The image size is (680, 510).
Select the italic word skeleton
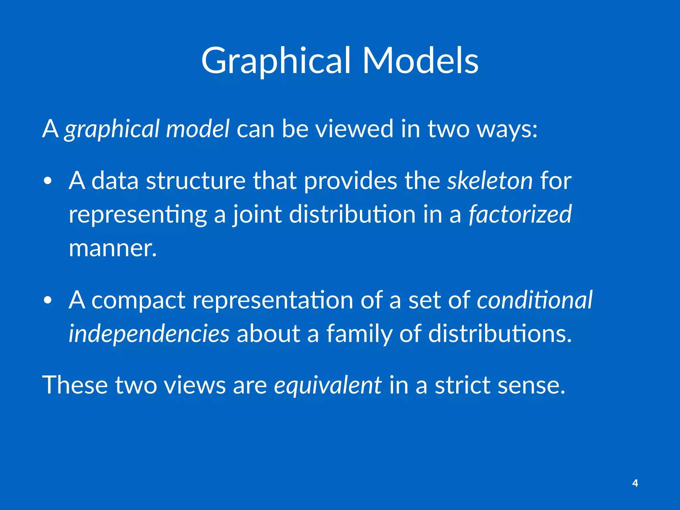[490, 181]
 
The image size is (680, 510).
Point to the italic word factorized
[520, 214]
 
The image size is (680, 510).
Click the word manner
[113, 248]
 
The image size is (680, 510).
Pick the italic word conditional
[535, 300]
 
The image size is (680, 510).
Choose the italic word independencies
[149, 334]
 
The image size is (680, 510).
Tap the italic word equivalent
[327, 385]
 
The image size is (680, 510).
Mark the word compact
[138, 300]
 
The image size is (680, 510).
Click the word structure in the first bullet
[196, 181]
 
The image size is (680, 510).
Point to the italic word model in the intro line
[197, 129]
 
